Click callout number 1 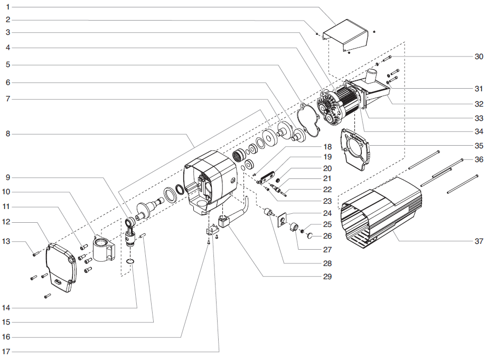point(7,7)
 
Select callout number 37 point(478,241)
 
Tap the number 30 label point(478,56)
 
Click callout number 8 point(7,134)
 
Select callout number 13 point(7,241)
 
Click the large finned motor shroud point(380,211)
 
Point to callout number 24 point(327,214)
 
